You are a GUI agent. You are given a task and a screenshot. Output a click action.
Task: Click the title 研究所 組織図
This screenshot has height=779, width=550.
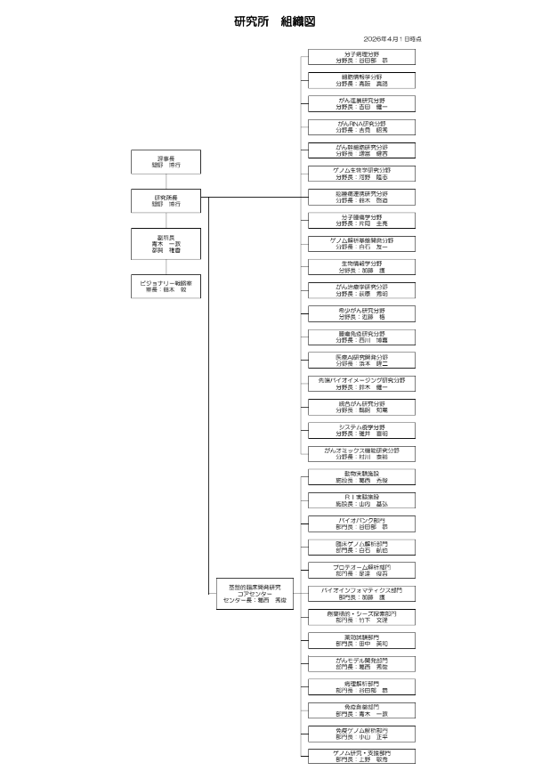274,20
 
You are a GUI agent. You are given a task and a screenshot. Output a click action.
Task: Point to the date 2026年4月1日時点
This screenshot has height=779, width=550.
392,39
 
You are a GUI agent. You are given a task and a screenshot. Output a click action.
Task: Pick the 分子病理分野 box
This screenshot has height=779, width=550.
361,58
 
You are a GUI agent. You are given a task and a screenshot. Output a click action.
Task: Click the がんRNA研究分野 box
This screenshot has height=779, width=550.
361,127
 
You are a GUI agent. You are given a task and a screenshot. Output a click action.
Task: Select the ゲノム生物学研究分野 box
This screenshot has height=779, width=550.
361,174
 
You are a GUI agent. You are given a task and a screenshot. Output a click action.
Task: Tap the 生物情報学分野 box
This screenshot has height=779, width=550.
361,266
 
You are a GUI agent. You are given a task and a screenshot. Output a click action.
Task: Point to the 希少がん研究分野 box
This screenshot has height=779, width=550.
361,312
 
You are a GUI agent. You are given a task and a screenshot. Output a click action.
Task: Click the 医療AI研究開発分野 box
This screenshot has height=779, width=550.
361,360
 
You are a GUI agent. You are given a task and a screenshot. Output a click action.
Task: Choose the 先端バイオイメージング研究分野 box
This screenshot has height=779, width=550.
361,383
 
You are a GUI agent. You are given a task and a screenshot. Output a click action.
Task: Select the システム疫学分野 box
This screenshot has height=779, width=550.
361,430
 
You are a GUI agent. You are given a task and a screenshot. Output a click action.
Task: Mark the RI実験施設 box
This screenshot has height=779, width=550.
361,499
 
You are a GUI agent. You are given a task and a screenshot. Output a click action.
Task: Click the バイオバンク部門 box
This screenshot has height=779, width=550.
361,523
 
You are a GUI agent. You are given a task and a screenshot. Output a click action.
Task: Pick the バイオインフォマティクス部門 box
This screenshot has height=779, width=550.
361,593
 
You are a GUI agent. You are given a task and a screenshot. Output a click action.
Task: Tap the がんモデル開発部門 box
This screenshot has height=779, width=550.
361,662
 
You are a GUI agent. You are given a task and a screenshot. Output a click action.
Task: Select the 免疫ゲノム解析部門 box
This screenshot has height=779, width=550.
361,733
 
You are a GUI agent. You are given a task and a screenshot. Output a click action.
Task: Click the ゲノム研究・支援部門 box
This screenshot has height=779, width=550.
361,756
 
